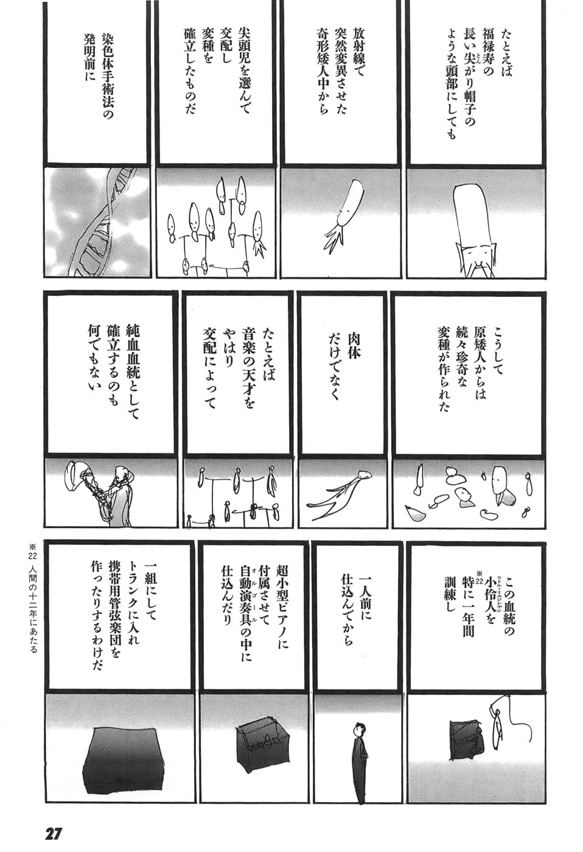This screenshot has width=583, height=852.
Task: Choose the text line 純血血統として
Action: pyautogui.click(x=133, y=374)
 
